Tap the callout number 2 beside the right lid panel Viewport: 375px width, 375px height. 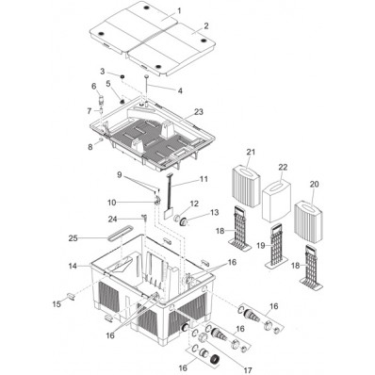(206, 29)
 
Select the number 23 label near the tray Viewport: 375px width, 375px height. (198, 112)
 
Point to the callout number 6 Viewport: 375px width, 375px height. (94, 87)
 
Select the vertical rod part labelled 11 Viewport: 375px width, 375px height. (170, 200)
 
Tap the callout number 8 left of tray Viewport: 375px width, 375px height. (90, 146)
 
